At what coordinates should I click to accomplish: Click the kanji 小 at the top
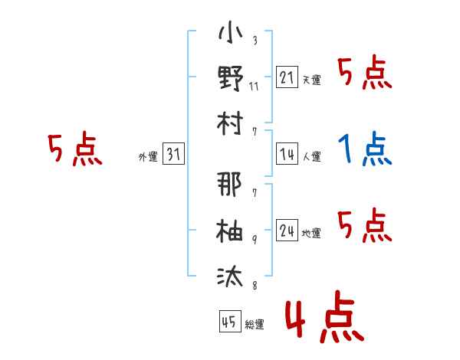coord(230,32)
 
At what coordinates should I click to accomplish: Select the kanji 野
coord(231,78)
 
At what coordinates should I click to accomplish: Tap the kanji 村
coord(230,123)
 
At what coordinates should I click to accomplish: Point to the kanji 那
coord(229,184)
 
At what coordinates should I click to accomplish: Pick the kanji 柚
coord(229,230)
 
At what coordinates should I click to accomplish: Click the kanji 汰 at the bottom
coord(230,276)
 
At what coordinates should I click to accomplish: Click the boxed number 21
coord(287,77)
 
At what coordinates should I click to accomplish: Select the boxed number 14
coord(287,154)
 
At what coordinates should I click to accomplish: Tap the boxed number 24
coord(287,230)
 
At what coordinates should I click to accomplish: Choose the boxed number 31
coord(173,153)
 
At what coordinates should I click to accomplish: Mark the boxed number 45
coord(230,321)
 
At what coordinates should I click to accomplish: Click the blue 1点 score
coord(365,149)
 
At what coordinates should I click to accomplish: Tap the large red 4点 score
coord(325,317)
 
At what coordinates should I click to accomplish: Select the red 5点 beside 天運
coord(365,72)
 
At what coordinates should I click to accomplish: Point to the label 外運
coord(148,157)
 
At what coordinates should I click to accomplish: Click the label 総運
coord(255,325)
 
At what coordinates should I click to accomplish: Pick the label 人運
coord(311,156)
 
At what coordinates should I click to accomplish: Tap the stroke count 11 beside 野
coord(254,87)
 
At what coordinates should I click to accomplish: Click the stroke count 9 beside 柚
coord(255,240)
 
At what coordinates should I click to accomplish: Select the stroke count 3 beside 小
coord(255,40)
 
